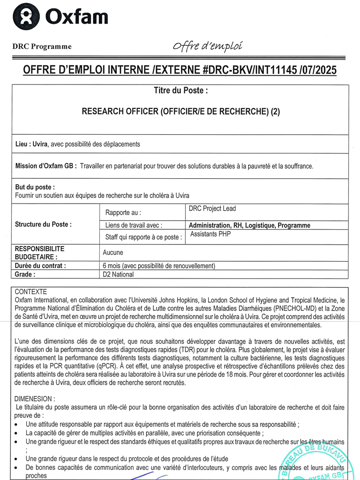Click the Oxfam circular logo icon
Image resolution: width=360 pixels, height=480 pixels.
click(x=26, y=17)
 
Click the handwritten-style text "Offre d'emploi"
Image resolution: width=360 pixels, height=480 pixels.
click(x=207, y=47)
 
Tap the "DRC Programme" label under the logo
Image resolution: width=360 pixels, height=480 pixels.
click(x=42, y=47)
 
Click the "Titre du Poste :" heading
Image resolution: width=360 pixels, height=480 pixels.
click(x=180, y=92)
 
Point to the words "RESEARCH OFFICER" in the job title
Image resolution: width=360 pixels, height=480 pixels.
click(x=120, y=112)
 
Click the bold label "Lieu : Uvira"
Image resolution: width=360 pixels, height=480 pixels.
click(x=31, y=144)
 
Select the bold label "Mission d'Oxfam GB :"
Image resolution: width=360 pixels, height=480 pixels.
click(x=46, y=166)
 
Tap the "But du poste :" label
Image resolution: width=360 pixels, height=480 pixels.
click(x=35, y=187)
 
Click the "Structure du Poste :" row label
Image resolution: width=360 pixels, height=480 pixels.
click(x=43, y=224)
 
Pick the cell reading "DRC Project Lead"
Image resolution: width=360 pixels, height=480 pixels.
click(x=212, y=209)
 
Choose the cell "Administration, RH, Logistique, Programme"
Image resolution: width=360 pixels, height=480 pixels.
click(x=249, y=225)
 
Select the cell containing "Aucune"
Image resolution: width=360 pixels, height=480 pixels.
click(x=112, y=252)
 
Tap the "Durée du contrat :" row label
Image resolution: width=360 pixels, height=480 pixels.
click(x=41, y=265)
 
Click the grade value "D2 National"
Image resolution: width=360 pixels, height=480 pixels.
click(x=118, y=274)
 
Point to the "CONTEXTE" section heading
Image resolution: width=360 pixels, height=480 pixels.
click(x=31, y=292)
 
